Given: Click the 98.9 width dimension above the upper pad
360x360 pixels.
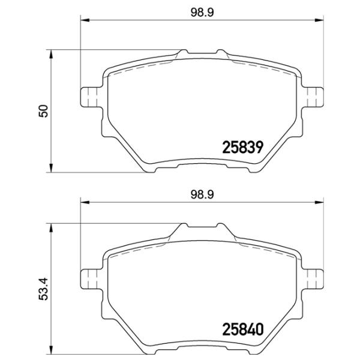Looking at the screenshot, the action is click(202, 12).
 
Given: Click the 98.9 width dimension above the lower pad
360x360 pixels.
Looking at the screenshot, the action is click(202, 194).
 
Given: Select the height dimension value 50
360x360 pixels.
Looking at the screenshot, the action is click(43, 111).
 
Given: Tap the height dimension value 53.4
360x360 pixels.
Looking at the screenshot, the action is click(43, 289).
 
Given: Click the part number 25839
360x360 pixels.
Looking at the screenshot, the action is click(242, 147).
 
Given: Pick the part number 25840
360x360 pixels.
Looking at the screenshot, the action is click(242, 329).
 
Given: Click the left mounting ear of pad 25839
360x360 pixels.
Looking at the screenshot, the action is click(91, 97).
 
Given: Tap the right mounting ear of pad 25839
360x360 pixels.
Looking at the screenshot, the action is click(313, 97).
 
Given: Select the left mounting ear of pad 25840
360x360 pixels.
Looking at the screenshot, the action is click(91, 279).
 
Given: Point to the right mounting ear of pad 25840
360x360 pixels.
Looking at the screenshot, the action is click(313, 279).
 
